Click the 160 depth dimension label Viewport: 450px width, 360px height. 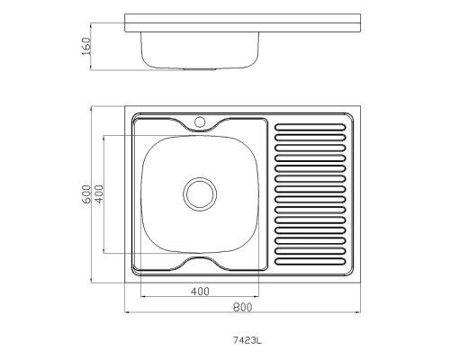tap(85, 46)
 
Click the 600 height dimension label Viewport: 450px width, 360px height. tap(85, 194)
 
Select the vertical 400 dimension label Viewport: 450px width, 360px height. tap(99, 194)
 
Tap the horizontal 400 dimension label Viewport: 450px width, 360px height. tap(200, 291)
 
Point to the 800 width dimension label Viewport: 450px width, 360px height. tap(242, 307)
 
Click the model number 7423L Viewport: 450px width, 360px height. tap(247, 340)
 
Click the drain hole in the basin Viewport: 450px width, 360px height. tap(200, 193)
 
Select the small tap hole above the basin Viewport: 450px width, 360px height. tap(200, 122)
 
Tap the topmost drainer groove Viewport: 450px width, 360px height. tap(310, 127)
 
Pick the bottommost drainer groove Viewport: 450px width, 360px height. tap(310, 261)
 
